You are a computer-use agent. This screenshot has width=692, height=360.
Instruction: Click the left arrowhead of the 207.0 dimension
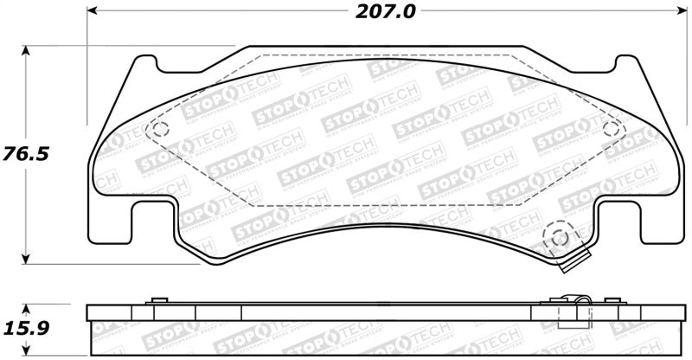(93, 12)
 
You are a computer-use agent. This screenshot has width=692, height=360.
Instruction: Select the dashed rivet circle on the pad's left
(158, 130)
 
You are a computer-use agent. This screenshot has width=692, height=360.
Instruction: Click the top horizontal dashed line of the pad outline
(385, 56)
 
